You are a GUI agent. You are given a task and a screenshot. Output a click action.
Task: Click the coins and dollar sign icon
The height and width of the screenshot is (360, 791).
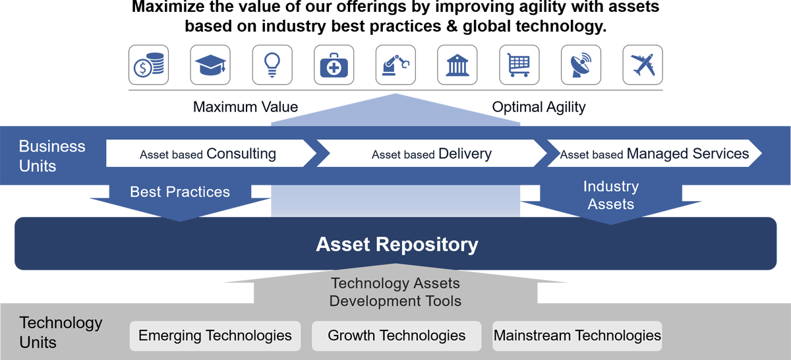coord(149,65)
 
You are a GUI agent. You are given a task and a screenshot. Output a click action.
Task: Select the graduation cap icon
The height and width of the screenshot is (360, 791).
coord(210,65)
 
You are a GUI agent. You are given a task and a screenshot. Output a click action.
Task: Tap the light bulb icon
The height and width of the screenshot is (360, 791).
coord(272,65)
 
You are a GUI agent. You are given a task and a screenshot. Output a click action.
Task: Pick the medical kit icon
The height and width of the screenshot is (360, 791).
coord(334,65)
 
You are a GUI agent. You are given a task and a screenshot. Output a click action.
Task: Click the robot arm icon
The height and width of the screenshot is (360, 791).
coord(395,65)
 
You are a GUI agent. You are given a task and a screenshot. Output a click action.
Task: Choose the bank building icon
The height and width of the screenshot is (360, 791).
coord(457,65)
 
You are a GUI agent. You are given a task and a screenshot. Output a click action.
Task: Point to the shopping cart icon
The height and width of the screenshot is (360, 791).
coord(519,65)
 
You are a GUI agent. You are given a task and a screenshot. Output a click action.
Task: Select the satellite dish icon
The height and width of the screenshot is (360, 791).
coord(581,65)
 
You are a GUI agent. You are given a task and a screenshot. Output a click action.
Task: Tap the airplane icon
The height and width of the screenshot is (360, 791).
coord(643,65)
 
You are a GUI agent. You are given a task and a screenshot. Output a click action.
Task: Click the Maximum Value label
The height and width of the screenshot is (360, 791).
coord(245,107)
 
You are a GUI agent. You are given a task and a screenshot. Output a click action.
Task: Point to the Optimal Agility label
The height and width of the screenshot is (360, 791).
coord(539,107)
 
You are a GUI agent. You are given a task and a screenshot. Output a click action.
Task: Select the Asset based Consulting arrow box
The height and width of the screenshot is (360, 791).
coord(211,154)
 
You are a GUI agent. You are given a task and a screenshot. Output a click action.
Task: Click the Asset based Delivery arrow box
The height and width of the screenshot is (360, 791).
coord(432,154)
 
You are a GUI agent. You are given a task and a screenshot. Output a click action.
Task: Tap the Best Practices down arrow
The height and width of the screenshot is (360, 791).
coord(180,201)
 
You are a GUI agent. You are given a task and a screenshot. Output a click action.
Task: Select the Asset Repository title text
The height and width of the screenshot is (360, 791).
coord(397,244)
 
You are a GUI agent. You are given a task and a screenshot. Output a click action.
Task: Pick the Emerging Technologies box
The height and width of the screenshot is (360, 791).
coord(215,336)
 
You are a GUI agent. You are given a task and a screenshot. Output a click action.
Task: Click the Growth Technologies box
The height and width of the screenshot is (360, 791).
coord(397,336)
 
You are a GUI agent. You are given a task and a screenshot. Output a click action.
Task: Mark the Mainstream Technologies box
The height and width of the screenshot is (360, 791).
coord(577,336)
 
